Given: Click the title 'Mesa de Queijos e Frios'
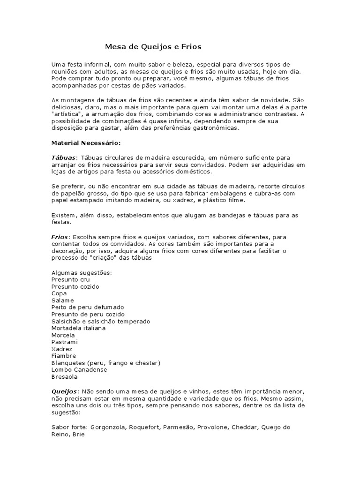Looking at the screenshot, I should (x=153, y=47).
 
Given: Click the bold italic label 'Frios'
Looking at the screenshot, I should (x=60, y=237).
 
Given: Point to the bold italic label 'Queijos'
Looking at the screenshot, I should (x=64, y=390).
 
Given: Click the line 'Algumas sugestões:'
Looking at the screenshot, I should (x=82, y=272).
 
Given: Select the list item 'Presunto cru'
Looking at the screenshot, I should (x=70, y=279).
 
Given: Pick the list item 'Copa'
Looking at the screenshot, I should (x=59, y=293).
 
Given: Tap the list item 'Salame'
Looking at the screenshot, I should (x=63, y=300).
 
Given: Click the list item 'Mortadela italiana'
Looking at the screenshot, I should (x=78, y=328).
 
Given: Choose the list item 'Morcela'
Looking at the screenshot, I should (x=63, y=335).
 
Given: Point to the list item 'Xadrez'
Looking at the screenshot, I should (x=62, y=349).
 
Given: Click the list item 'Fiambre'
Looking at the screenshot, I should (x=63, y=356).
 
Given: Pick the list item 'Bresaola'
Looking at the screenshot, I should (x=65, y=377).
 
